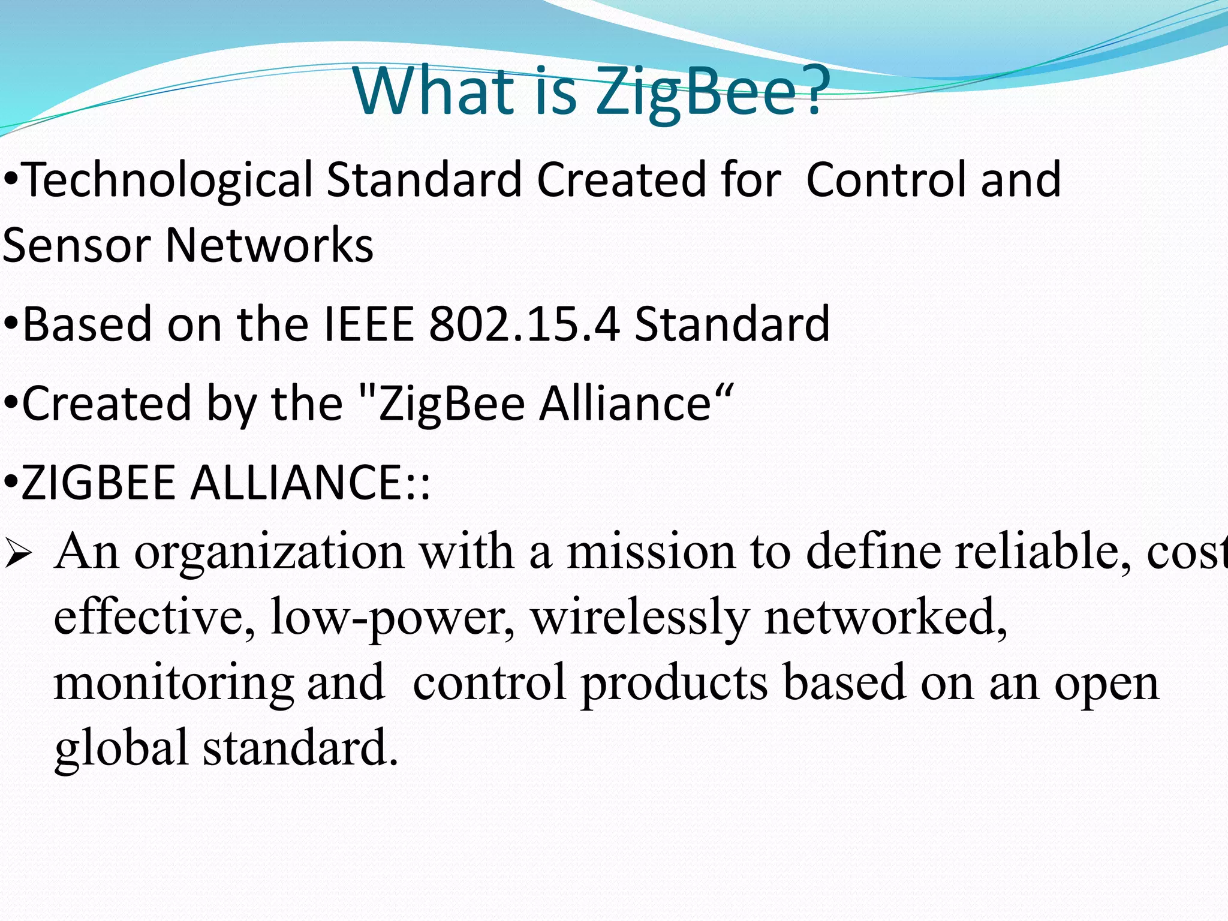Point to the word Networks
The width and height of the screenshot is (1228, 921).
click(x=269, y=245)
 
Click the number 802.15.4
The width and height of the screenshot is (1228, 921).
click(x=525, y=324)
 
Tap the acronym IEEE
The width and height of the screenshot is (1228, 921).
click(x=369, y=324)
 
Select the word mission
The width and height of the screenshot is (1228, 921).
click(x=651, y=552)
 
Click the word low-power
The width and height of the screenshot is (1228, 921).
click(x=393, y=618)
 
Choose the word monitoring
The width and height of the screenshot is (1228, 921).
click(x=174, y=684)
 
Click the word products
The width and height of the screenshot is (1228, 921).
click(x=675, y=684)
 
